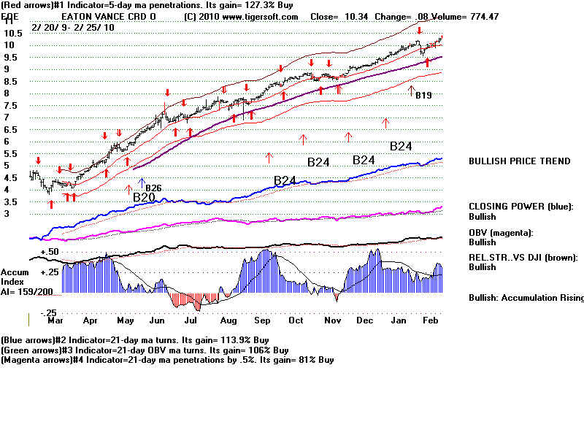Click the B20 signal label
144,197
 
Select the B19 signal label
423,95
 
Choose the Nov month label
332,320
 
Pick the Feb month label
430,320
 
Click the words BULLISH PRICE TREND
519,161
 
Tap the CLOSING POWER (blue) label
520,207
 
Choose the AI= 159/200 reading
28,290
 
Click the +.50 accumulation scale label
49,251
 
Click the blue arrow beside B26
142,182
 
